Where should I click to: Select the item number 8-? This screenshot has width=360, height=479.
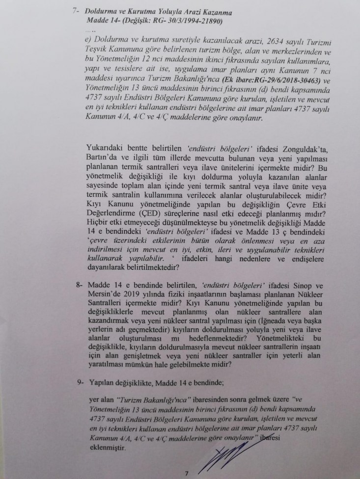tap(75, 285)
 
